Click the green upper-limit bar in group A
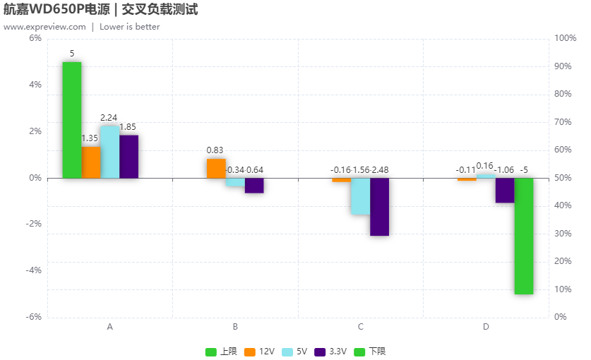tap(72, 120)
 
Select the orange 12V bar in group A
tap(91, 162)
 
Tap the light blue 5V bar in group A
tap(110, 152)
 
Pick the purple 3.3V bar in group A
tap(129, 157)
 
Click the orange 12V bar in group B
tap(216, 169)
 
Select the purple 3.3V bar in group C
tap(380, 207)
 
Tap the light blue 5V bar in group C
tap(361, 196)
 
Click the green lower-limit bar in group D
tap(524, 236)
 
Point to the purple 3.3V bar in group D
tap(505, 191)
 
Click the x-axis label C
tap(361, 327)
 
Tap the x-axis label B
tap(235, 327)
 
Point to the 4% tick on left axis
tap(35, 85)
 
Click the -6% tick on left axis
tap(34, 317)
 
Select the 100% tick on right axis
tap(566, 38)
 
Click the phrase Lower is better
tap(129, 27)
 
